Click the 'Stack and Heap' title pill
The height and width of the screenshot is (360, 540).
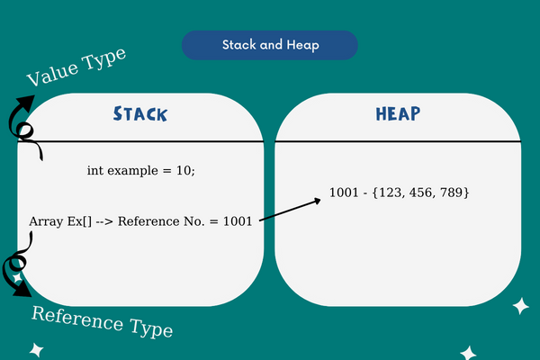269,45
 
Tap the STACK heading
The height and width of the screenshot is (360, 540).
140,114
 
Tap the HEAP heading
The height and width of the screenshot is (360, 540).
398,114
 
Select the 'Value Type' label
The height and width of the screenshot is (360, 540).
76,67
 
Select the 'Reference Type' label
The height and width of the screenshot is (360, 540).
102,321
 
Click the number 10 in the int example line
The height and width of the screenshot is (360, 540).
185,171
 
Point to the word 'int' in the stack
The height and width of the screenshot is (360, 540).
95,171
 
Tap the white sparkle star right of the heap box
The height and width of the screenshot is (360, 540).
520,306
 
